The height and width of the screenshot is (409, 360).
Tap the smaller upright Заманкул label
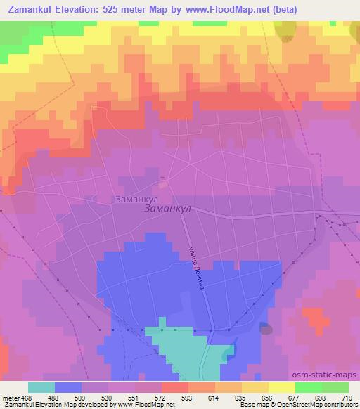tap(136, 199)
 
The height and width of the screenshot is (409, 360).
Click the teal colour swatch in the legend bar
tap(41, 387)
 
